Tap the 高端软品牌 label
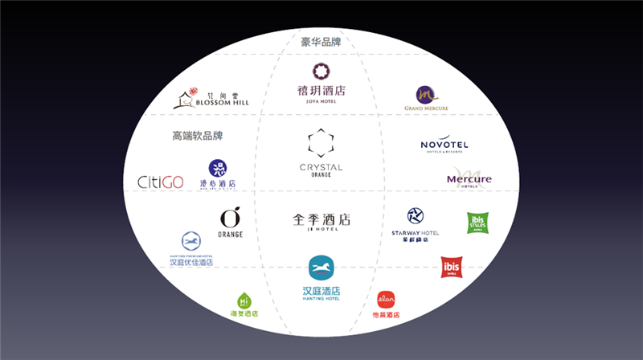197,136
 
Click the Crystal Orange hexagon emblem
321,144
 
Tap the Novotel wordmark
444,145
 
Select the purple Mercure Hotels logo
469,178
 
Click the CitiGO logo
161,182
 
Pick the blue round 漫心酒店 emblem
218,168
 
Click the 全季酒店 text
321,219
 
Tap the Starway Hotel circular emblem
416,216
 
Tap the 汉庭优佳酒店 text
191,262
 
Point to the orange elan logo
387,301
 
